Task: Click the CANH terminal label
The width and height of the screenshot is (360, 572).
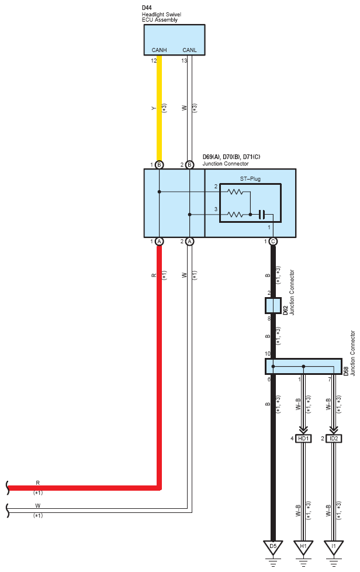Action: (x=159, y=50)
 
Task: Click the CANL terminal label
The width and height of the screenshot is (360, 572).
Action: (x=189, y=50)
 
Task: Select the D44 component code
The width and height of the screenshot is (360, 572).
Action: (x=147, y=8)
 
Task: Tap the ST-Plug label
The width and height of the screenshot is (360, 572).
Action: (x=250, y=179)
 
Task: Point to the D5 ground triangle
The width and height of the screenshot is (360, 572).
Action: (x=273, y=547)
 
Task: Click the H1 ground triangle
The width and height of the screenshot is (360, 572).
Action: (x=303, y=547)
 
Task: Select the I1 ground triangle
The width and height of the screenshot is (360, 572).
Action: (x=333, y=547)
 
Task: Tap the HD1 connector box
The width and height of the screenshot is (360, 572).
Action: (x=303, y=439)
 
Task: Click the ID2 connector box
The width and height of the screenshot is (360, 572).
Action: (x=334, y=439)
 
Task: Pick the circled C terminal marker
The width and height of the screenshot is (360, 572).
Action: (x=273, y=242)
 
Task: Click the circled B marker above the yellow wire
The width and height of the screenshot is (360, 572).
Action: (x=159, y=165)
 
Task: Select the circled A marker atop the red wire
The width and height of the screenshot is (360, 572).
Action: (x=159, y=242)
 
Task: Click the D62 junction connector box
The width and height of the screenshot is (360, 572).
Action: (x=273, y=306)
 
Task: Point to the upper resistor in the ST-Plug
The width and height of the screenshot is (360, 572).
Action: (x=236, y=191)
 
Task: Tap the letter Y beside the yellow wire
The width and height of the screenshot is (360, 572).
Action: (x=154, y=108)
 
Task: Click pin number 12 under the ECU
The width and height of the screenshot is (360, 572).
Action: (x=154, y=61)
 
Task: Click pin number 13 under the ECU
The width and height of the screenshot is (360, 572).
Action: (x=184, y=61)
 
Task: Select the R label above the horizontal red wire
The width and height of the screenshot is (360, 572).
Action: (x=37, y=483)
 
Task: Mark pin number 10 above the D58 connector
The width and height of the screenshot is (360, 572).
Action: (x=268, y=354)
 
